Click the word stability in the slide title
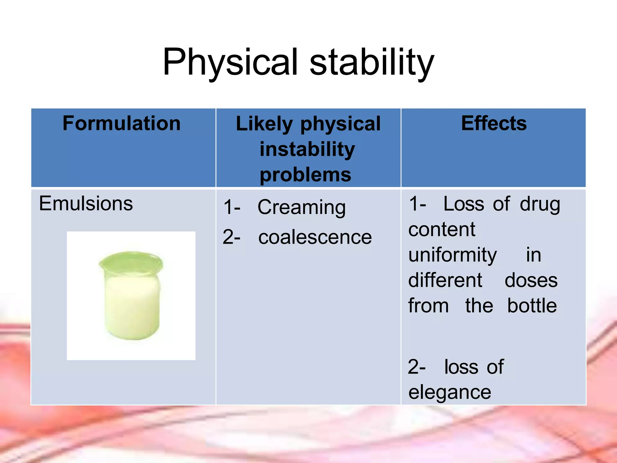(372, 62)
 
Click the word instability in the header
(307, 149)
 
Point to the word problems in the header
(305, 175)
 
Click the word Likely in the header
(264, 124)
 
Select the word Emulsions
(86, 203)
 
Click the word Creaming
(302, 208)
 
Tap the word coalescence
(315, 237)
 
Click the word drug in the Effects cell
(540, 204)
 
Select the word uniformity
(453, 255)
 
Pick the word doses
(531, 280)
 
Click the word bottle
(532, 306)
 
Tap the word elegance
(449, 392)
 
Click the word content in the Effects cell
(442, 230)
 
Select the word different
(445, 280)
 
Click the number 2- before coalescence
(232, 237)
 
